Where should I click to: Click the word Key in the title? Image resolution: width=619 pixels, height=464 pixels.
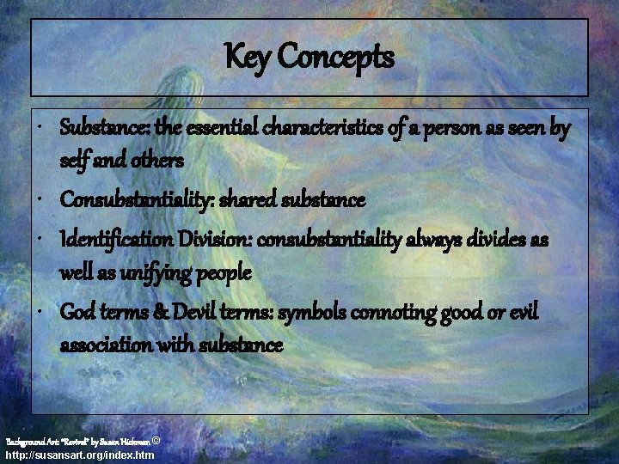(x=245, y=58)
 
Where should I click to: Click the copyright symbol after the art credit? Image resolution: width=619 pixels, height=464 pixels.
(x=155, y=440)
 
